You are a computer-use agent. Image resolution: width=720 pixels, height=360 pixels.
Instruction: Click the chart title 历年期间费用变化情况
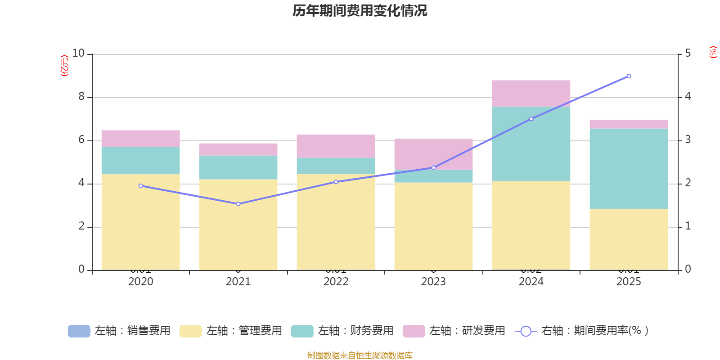coord(360,11)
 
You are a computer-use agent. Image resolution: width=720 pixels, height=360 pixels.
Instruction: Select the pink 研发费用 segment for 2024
coord(531,93)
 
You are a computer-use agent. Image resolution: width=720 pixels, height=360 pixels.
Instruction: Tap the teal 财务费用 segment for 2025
coord(629,169)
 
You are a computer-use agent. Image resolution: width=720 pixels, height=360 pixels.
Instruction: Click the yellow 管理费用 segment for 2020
coord(140,222)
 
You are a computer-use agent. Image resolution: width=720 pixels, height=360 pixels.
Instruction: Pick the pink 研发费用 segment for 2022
coord(336,146)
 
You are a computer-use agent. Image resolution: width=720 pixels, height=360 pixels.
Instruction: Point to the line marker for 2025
coord(629,76)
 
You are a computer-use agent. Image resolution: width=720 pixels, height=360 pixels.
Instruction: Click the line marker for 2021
coord(238,204)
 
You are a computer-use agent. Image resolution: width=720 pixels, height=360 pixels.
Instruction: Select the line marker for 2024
coord(531,119)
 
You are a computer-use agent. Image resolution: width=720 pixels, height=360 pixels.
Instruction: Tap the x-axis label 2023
coord(433,282)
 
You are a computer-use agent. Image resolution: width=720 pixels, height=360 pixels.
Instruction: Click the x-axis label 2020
coord(140,282)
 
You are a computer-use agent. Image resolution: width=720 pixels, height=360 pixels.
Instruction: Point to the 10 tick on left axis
coord(78,54)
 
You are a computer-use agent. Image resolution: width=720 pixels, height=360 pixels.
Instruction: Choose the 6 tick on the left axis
coord(81,140)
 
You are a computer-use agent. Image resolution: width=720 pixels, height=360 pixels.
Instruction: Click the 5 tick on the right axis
coord(688,54)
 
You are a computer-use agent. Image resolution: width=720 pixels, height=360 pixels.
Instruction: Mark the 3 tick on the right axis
coord(688,140)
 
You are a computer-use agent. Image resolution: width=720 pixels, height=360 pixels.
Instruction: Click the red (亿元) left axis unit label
coord(64,66)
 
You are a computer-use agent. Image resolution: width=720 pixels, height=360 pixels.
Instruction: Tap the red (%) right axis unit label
coord(713,52)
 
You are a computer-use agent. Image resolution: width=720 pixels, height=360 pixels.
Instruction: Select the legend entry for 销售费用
coord(119,331)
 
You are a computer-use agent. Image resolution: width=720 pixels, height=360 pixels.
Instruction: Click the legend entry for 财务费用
coord(342,331)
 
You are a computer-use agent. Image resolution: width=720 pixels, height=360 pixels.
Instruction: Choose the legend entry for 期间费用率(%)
coord(582,331)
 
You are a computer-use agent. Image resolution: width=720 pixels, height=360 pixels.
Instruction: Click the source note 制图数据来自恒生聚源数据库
coord(360,355)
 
